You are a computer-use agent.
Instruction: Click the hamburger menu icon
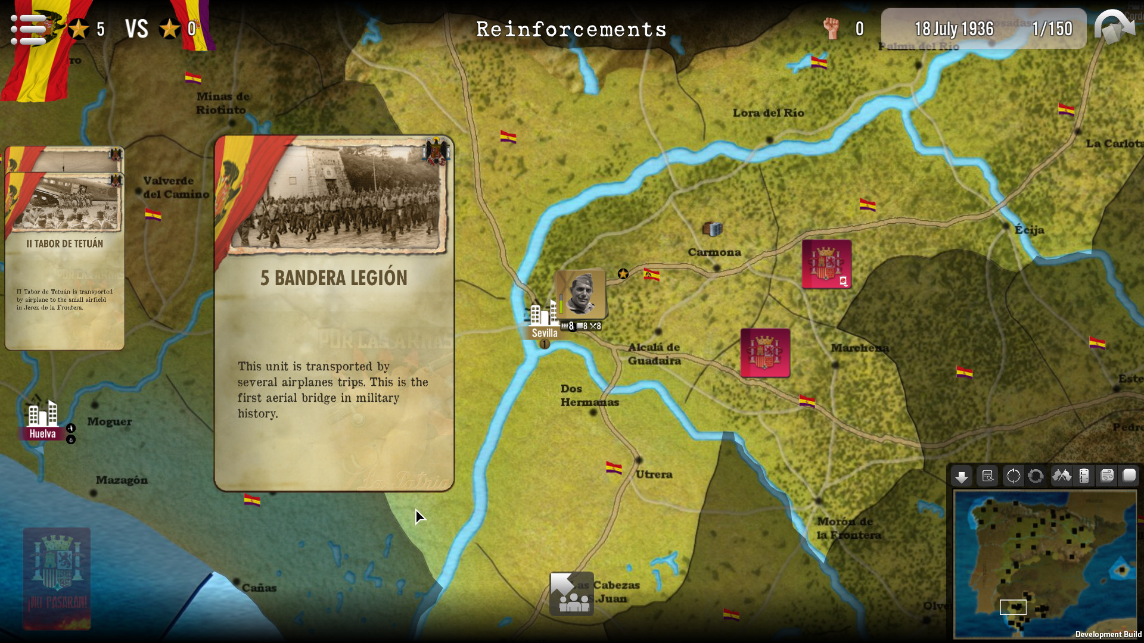coord(27,29)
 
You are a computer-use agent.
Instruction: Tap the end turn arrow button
coord(1114,27)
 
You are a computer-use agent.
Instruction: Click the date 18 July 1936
coord(954,29)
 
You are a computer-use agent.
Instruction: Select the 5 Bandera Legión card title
coord(334,278)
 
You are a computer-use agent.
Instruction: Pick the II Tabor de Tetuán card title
coord(64,244)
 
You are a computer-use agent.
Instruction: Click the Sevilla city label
coord(544,333)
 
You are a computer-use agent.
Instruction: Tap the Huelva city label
coord(42,433)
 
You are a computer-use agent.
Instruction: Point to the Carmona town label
coord(714,252)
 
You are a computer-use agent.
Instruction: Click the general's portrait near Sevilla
coord(580,294)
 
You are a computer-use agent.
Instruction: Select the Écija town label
coord(1029,230)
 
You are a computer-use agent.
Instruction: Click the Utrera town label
coord(654,475)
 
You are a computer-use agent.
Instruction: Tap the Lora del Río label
coord(768,113)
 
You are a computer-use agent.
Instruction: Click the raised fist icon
coord(831,28)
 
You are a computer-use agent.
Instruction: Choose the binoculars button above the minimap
coord(1061,476)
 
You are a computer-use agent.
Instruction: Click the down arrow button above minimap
coord(961,476)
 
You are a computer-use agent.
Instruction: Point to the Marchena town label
coord(859,348)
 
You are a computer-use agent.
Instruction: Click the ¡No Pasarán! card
coord(57,578)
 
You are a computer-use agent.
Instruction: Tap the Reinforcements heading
coord(571,29)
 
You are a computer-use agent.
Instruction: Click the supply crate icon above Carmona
coord(712,228)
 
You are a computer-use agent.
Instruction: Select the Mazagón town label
coord(122,480)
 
